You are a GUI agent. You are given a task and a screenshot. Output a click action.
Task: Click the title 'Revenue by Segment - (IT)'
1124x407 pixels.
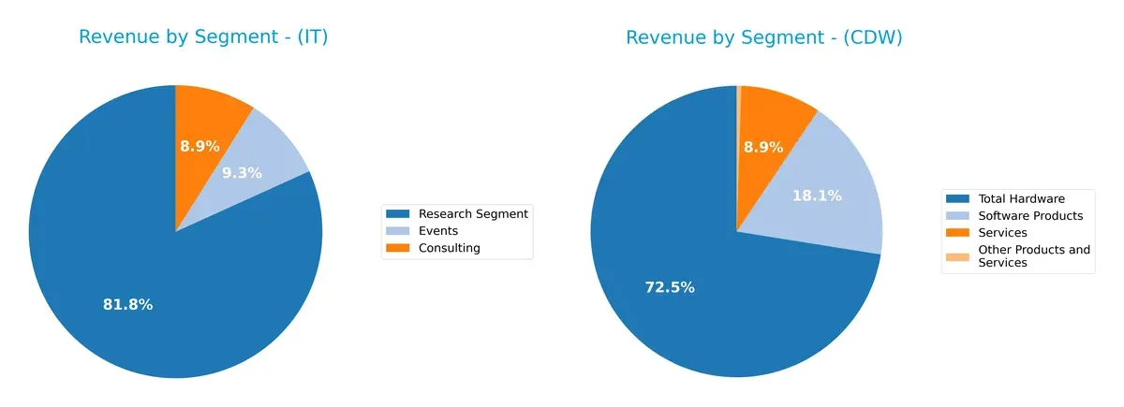[203, 37]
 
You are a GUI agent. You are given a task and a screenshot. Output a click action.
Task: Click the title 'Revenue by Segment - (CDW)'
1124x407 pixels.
[763, 37]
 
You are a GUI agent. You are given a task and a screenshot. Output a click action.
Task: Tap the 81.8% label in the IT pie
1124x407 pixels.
[127, 304]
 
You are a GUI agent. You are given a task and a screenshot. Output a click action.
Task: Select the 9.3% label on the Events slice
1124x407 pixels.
[242, 173]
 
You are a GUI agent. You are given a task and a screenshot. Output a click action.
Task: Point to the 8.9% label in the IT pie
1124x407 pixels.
[200, 146]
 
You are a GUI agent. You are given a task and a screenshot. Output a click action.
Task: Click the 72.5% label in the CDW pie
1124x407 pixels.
[670, 287]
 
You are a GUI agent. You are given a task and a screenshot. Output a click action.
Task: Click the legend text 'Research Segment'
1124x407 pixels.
[473, 214]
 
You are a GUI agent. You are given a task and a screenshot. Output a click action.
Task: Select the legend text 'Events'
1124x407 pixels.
[437, 231]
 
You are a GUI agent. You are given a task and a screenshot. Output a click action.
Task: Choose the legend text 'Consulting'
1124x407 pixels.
[449, 248]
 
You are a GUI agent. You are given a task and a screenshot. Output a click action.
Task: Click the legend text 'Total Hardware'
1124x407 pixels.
[1021, 198]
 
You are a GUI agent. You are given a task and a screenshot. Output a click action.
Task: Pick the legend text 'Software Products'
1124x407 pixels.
[1030, 215]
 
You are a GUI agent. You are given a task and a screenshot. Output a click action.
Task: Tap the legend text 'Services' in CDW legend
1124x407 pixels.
[1002, 232]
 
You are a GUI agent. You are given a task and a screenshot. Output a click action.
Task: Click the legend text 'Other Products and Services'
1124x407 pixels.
[1033, 256]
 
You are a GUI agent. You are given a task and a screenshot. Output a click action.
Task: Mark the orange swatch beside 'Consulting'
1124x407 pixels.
[399, 248]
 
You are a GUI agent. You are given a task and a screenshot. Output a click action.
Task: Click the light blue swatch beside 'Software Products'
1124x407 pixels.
[958, 215]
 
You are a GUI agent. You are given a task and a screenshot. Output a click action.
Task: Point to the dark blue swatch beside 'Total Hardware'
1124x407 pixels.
[958, 198]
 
